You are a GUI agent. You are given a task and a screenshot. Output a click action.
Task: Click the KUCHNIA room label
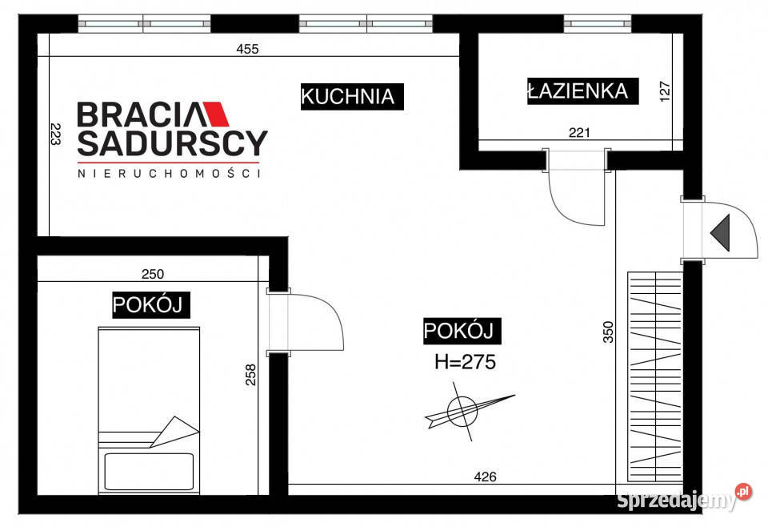347,97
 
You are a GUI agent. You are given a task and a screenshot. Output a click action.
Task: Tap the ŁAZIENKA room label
577,91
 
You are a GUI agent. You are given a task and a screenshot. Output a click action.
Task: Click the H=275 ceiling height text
465,361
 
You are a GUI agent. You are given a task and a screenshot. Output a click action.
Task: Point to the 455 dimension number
248,49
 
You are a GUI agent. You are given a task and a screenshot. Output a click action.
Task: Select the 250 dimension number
152,274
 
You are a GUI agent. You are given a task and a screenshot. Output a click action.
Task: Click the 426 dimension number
485,477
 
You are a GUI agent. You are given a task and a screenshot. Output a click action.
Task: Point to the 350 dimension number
607,332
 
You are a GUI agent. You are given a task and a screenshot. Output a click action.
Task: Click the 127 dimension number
664,90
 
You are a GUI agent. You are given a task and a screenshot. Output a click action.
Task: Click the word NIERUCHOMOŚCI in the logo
169,173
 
